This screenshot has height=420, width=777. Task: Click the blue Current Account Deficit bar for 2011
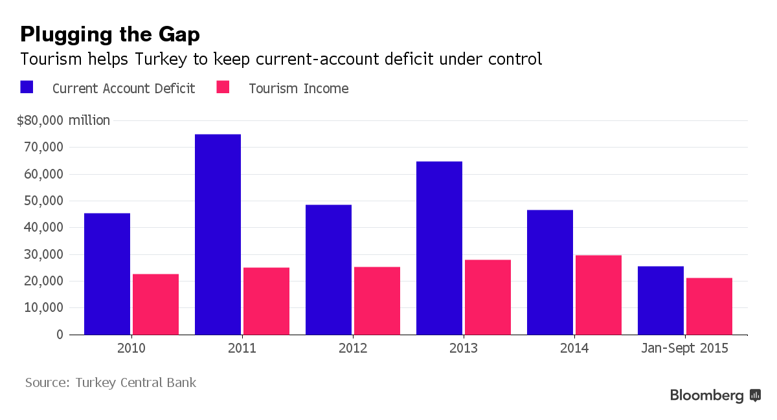pyautogui.click(x=218, y=234)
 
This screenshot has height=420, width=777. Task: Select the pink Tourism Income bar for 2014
pyautogui.click(x=598, y=295)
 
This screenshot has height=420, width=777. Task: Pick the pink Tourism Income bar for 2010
pyautogui.click(x=155, y=304)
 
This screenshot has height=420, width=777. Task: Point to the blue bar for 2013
pyautogui.click(x=439, y=248)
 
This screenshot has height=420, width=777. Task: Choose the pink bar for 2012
pyautogui.click(x=377, y=301)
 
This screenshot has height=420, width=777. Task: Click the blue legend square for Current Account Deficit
pyautogui.click(x=27, y=87)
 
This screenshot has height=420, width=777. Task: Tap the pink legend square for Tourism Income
pyautogui.click(x=223, y=87)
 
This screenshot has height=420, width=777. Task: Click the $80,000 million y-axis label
pyautogui.click(x=63, y=120)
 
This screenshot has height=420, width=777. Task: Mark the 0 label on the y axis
pyautogui.click(x=60, y=335)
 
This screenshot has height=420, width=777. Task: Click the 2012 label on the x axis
pyautogui.click(x=353, y=348)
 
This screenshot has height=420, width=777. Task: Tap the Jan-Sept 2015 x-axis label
pyautogui.click(x=684, y=348)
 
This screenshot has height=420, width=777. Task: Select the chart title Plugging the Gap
pyautogui.click(x=110, y=34)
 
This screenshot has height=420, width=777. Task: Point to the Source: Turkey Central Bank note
pyautogui.click(x=111, y=382)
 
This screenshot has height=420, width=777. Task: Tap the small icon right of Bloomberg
pyautogui.click(x=755, y=395)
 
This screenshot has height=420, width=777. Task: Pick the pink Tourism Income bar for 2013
pyautogui.click(x=488, y=297)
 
